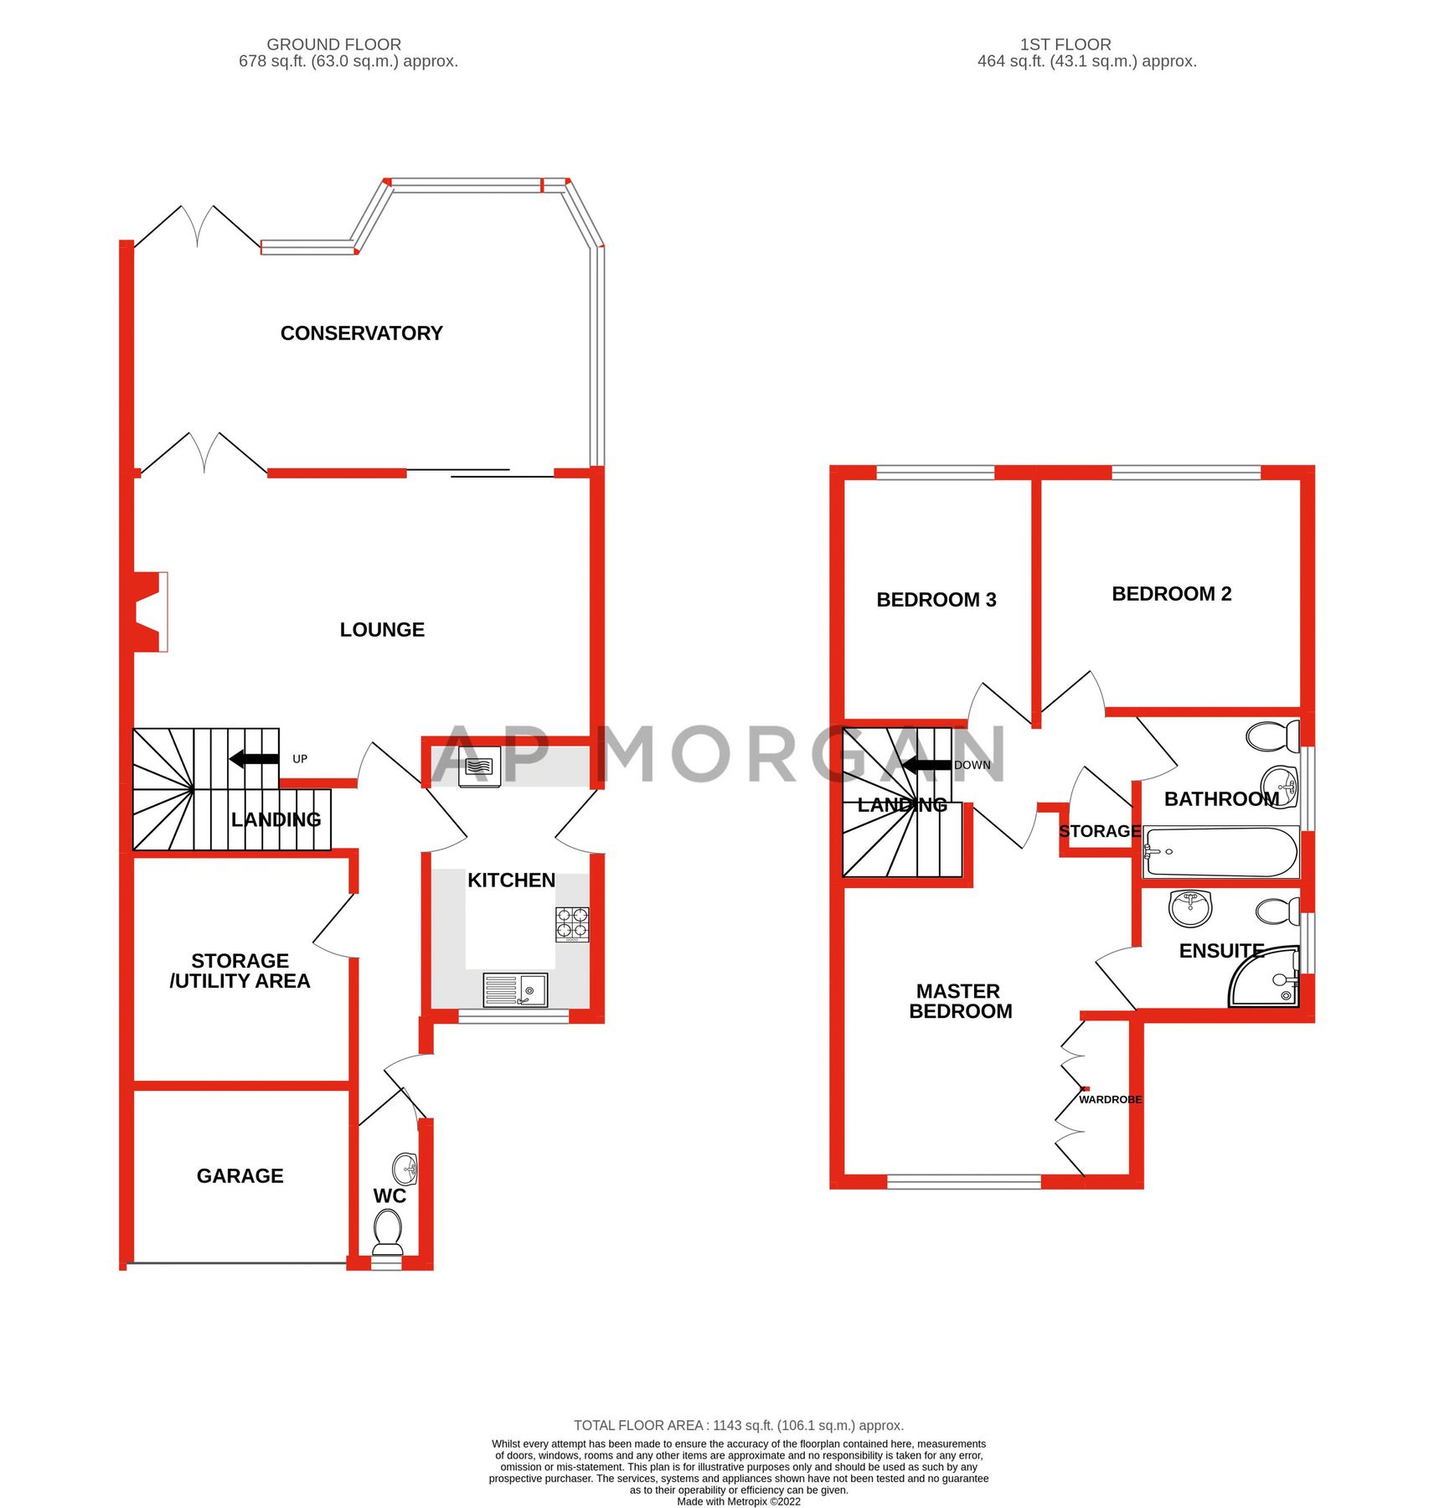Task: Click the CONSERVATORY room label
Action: (x=361, y=333)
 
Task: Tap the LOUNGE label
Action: (x=382, y=630)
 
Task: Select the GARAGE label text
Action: (x=240, y=1176)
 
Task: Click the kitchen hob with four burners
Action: (x=572, y=924)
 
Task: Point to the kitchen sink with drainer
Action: (x=515, y=989)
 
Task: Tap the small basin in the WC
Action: (x=405, y=1167)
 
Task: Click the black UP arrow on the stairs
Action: (x=255, y=759)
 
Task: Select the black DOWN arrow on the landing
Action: (x=926, y=765)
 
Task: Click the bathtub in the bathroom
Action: (x=1220, y=852)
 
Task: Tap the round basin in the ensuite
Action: (x=1190, y=907)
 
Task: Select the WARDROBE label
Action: (x=1110, y=1099)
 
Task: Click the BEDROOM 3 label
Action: (x=936, y=600)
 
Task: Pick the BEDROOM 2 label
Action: (x=1171, y=594)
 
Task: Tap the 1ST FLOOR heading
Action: (x=1065, y=44)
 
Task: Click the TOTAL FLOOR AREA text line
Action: (x=738, y=1425)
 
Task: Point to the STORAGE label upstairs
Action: (x=1099, y=831)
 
